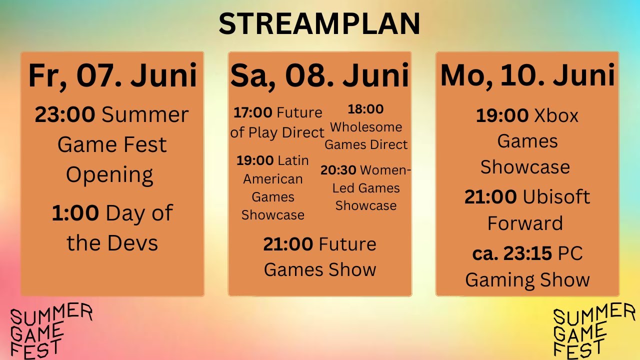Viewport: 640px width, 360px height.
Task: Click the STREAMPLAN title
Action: point(319,23)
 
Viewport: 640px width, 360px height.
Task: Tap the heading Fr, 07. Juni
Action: point(112,75)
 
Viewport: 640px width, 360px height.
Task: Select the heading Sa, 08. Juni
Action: point(319,75)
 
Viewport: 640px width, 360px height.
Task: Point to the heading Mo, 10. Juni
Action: point(527,75)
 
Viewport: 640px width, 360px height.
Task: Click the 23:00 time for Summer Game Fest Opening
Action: point(64,115)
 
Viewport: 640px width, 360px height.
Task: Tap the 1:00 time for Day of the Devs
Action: point(75,213)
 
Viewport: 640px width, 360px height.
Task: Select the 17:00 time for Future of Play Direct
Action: point(253,112)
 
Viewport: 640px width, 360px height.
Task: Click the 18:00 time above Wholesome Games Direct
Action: point(365,109)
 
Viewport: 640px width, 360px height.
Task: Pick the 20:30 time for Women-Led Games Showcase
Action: point(338,170)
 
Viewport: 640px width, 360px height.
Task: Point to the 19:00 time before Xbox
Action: point(502,116)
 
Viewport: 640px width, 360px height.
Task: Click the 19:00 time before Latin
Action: point(255,160)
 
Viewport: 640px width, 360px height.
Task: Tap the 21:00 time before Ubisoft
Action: point(490,197)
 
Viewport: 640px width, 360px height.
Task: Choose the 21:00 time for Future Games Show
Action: point(289,244)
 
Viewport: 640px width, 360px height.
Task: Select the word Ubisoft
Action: point(556,197)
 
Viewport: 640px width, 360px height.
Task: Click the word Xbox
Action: point(556,116)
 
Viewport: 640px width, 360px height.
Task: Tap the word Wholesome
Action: point(366,127)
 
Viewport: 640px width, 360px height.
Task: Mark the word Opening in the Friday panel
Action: point(110,175)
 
